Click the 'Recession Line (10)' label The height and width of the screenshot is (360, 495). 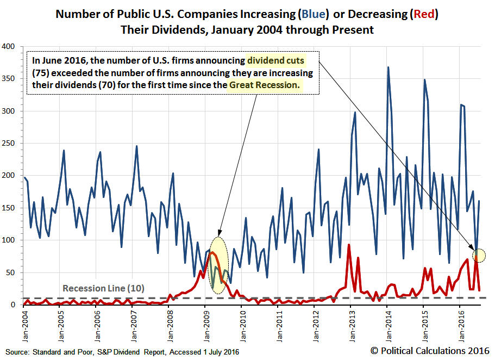pyautogui.click(x=103, y=288)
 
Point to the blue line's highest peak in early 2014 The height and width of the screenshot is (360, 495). pyautogui.click(x=388, y=67)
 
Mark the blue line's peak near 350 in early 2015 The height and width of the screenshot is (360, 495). pyautogui.click(x=424, y=80)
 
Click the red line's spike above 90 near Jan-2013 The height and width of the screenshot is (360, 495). pyautogui.click(x=348, y=245)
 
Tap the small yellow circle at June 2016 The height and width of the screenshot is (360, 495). pyautogui.click(x=479, y=255)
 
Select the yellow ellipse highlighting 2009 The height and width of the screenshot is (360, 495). pyautogui.click(x=218, y=265)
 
